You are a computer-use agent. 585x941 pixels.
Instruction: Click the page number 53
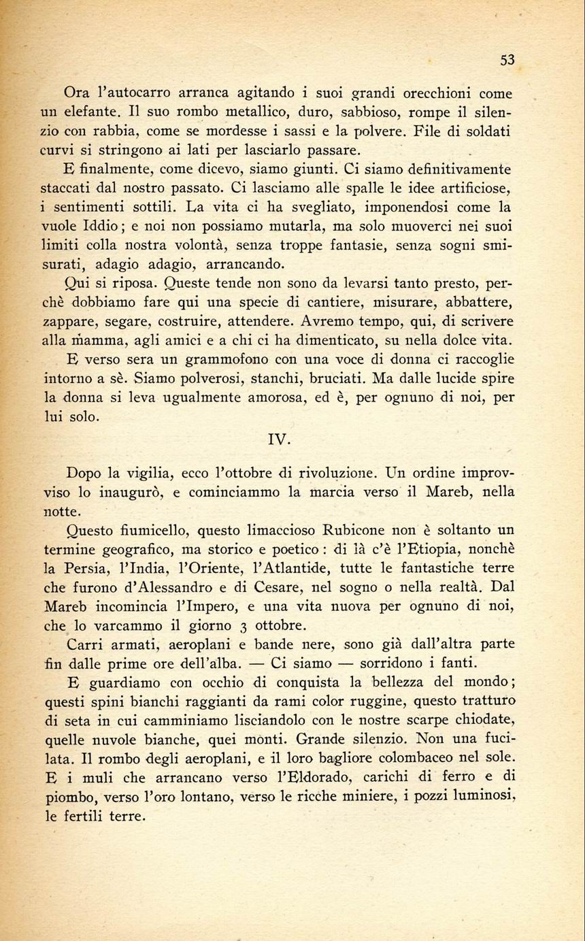(507, 60)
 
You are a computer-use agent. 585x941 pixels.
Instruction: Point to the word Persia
(88, 567)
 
